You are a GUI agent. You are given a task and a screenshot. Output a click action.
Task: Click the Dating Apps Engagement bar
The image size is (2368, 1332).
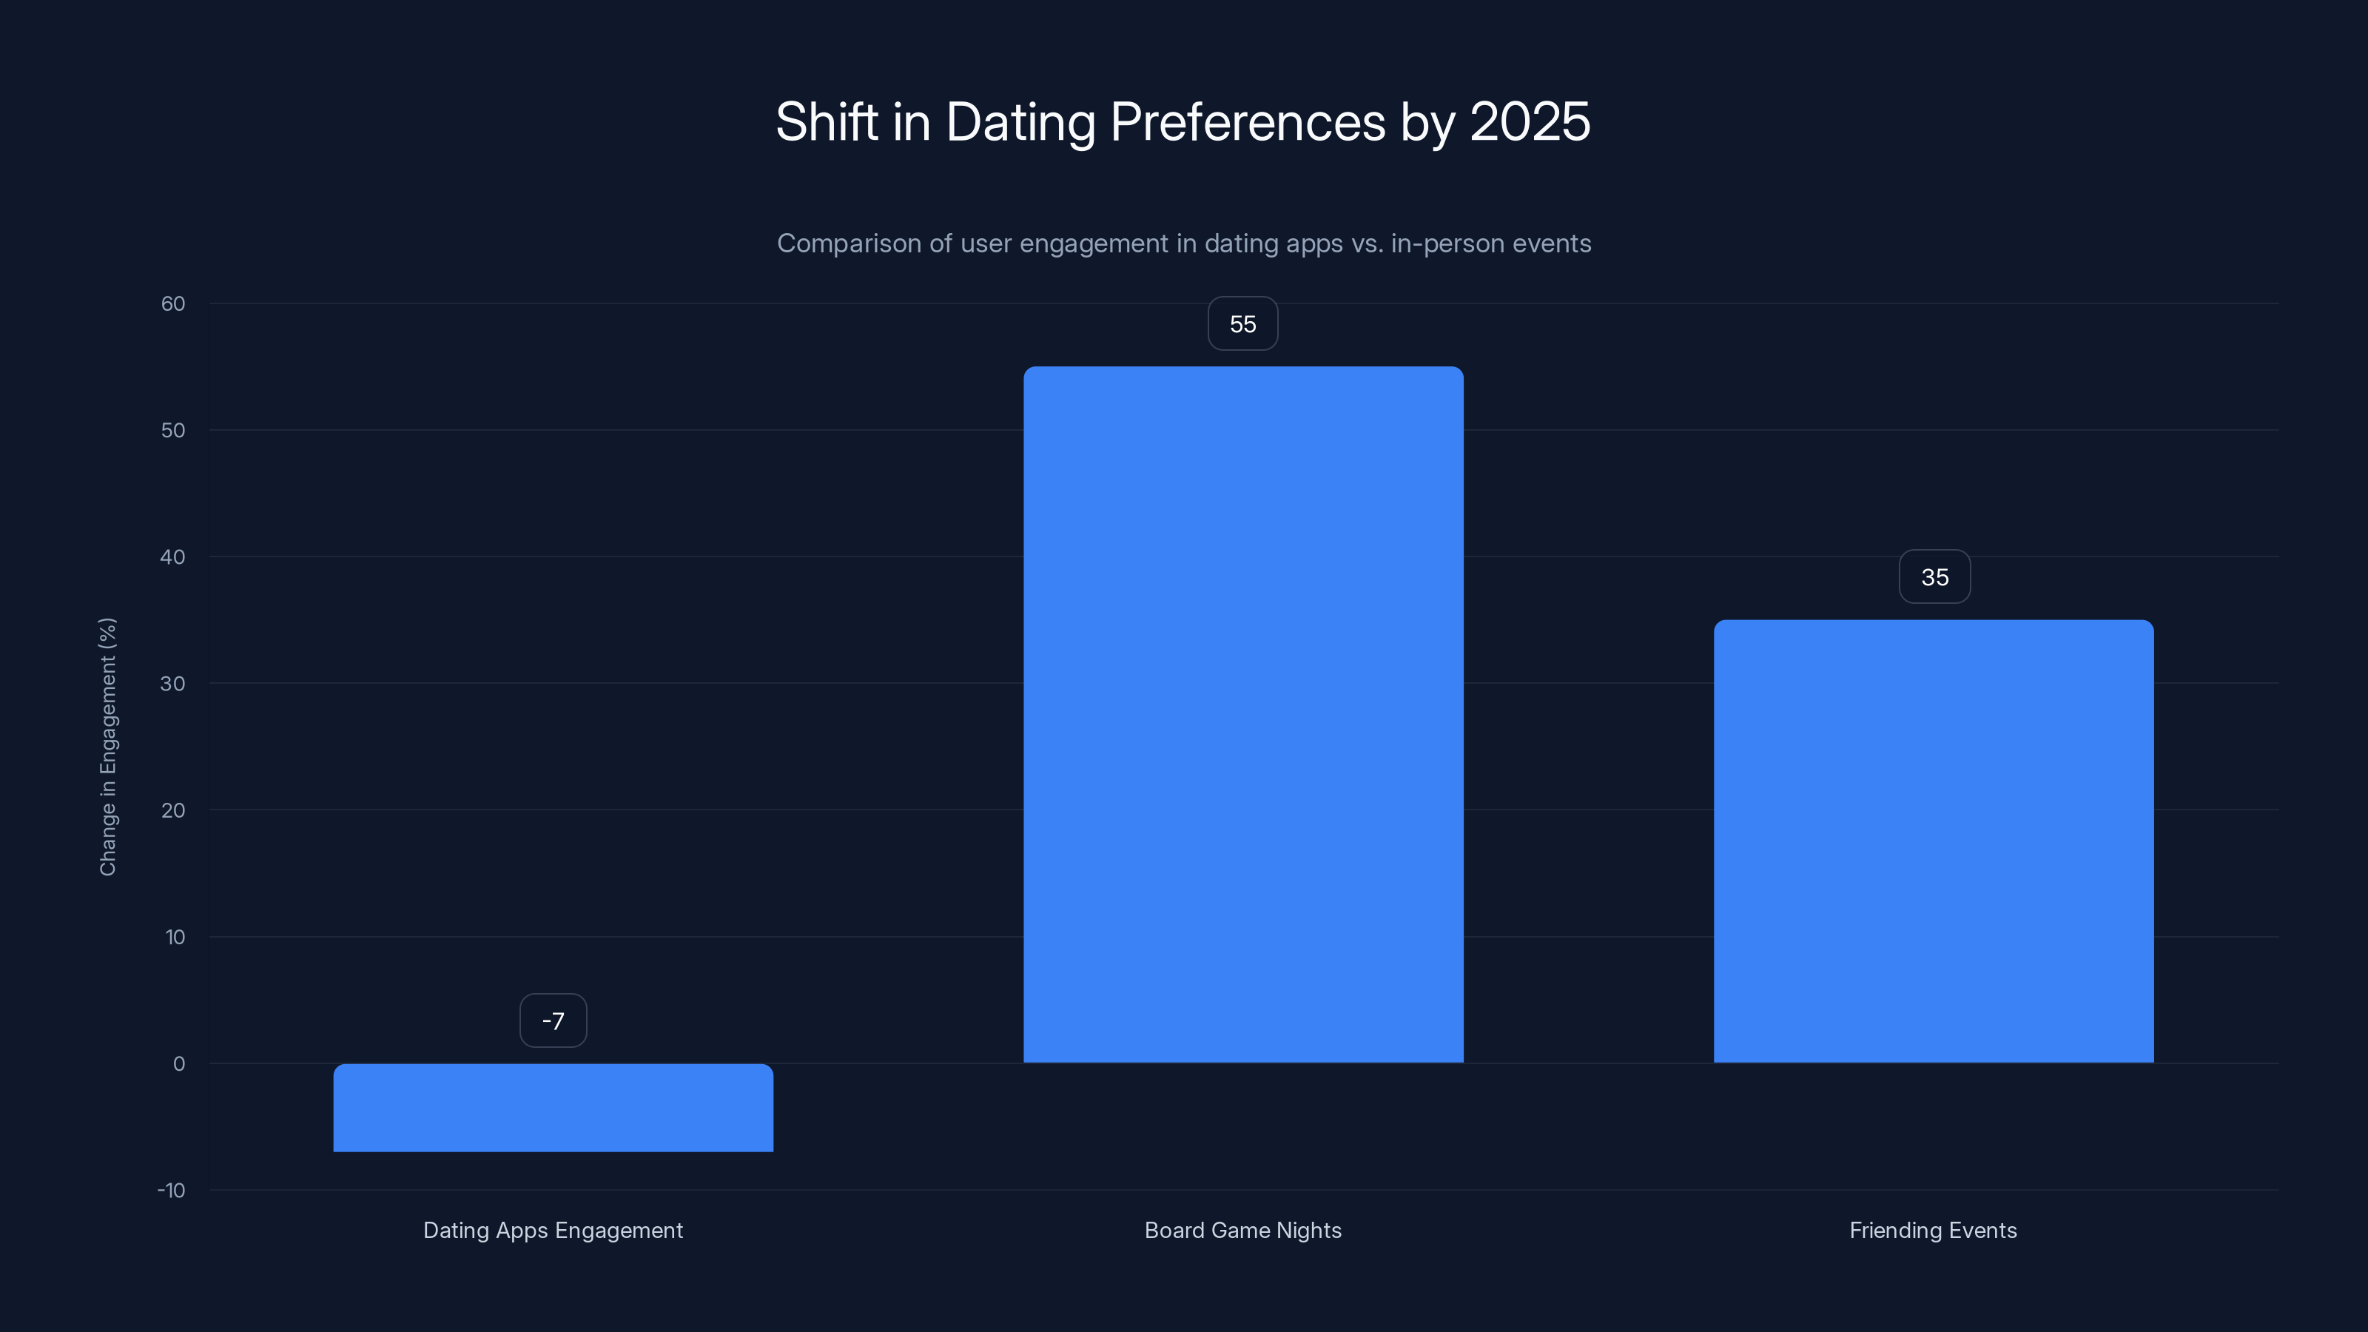pyautogui.click(x=553, y=1107)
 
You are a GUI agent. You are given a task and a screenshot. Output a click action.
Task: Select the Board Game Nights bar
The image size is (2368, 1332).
pyautogui.click(x=1243, y=714)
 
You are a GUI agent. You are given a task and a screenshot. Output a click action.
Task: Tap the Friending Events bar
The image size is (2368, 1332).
pyautogui.click(x=1933, y=841)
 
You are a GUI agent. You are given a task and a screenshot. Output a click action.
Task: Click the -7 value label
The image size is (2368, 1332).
pyautogui.click(x=553, y=1020)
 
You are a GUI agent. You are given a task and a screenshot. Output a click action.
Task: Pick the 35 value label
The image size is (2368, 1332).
pyautogui.click(x=1934, y=577)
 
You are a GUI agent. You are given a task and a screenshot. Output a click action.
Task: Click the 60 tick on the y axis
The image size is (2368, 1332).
pyautogui.click(x=173, y=303)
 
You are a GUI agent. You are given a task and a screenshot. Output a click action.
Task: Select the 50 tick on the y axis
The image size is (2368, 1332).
pyautogui.click(x=173, y=430)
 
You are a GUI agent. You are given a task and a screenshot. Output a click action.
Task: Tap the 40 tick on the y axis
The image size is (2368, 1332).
pyautogui.click(x=173, y=557)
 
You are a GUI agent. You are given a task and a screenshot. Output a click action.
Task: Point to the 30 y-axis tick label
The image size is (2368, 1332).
pyautogui.click(x=173, y=683)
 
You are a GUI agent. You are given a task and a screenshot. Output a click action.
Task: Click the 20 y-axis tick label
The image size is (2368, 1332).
pyautogui.click(x=173, y=810)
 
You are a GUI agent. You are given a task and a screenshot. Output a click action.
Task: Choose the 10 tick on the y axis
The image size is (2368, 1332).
pyautogui.click(x=175, y=937)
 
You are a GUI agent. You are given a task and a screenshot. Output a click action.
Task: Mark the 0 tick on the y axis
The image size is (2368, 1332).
pyautogui.click(x=178, y=1063)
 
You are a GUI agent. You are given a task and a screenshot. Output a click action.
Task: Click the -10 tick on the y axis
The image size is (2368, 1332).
pyautogui.click(x=171, y=1191)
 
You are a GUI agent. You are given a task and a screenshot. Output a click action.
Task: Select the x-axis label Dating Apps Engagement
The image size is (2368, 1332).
pyautogui.click(x=553, y=1230)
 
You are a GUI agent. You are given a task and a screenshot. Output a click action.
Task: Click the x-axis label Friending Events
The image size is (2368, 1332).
pyautogui.click(x=1933, y=1230)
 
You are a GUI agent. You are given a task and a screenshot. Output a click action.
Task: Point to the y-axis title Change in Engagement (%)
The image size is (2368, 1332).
pyautogui.click(x=107, y=747)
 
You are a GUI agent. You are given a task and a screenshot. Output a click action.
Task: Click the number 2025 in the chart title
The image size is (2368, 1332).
pyautogui.click(x=1530, y=121)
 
